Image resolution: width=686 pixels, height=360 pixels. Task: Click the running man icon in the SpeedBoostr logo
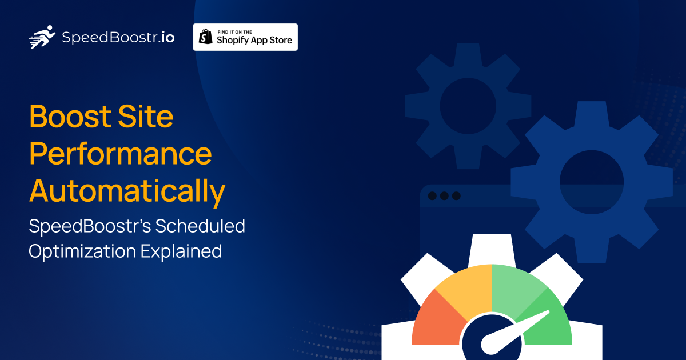click(x=42, y=37)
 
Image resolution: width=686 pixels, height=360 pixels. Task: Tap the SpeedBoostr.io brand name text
click(x=118, y=38)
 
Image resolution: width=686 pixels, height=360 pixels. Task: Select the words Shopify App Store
click(x=254, y=40)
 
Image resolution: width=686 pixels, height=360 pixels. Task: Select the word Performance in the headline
click(x=121, y=154)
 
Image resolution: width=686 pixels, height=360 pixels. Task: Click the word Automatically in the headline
click(x=127, y=191)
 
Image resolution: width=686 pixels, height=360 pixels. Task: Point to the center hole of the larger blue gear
click(x=591, y=182)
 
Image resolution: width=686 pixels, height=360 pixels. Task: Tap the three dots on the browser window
click(x=444, y=196)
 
